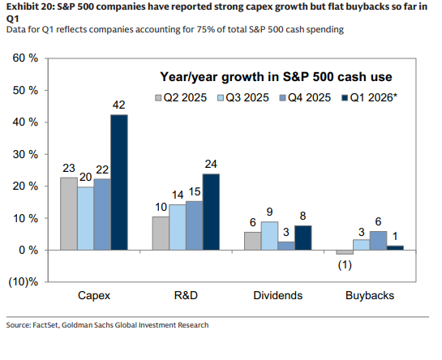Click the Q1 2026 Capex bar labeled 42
click(119, 182)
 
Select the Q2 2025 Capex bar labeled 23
click(69, 214)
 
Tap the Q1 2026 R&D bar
click(211, 212)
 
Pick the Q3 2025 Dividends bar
click(269, 236)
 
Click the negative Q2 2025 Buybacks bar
click(345, 252)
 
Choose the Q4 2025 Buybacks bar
click(378, 241)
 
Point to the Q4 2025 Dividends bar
click(286, 246)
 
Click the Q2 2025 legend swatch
click(158, 98)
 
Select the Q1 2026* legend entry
click(369, 97)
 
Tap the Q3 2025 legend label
click(247, 97)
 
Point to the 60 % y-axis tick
click(25, 58)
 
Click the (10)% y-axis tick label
click(24, 282)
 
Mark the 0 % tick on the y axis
click(28, 250)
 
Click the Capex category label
click(94, 295)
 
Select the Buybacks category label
click(370, 295)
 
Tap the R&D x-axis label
click(186, 295)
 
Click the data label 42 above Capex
click(118, 105)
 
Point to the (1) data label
click(345, 265)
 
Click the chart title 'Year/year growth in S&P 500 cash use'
click(276, 77)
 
